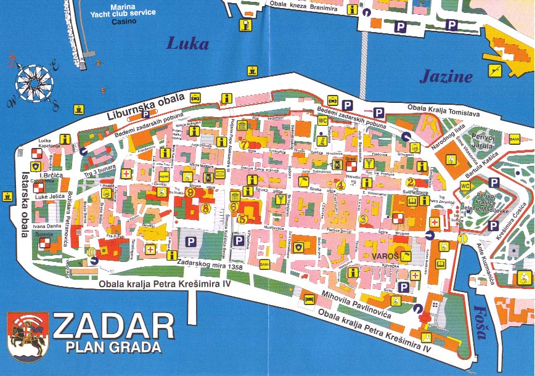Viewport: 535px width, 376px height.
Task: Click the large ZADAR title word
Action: pos(113,326)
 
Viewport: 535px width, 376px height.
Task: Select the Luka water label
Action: pos(188,44)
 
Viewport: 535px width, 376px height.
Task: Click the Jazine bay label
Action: pos(446,76)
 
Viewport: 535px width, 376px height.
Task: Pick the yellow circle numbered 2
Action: pos(410,182)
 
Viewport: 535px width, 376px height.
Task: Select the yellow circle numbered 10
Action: pos(92,251)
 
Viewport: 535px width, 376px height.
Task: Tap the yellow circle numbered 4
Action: pos(340,184)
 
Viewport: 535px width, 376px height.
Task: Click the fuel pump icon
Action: pos(246,25)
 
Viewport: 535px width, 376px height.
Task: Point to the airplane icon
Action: pos(494,71)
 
